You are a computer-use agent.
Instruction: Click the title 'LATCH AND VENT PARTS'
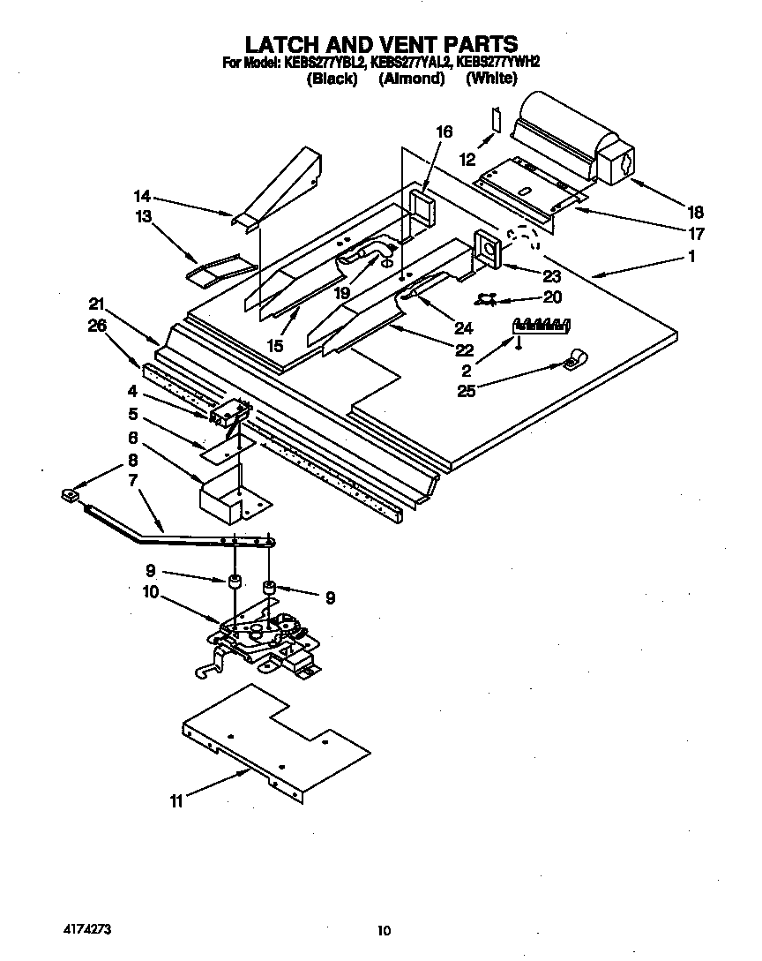pyautogui.click(x=380, y=44)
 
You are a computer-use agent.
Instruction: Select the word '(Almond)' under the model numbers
pyautogui.click(x=411, y=79)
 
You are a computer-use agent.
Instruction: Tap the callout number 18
pyautogui.click(x=696, y=211)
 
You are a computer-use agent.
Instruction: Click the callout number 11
pyautogui.click(x=178, y=801)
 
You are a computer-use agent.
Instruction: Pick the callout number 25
pyautogui.click(x=466, y=391)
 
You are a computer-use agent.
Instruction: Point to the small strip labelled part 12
pyautogui.click(x=497, y=119)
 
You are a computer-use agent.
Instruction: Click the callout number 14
pyautogui.click(x=142, y=197)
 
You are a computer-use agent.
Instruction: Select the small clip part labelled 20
pyautogui.click(x=485, y=298)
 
